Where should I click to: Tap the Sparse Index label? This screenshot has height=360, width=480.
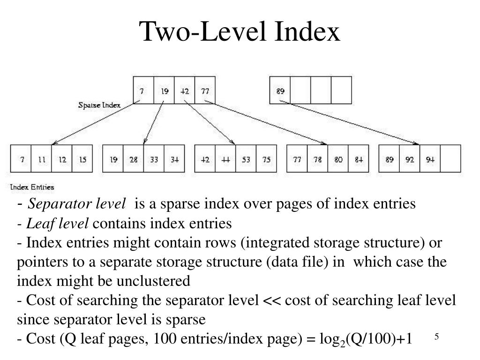pos(99,105)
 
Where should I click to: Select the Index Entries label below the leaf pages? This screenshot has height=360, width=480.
pos(32,187)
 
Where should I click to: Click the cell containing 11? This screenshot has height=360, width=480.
pos(41,159)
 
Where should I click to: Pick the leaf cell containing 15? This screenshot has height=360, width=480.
pos(82,159)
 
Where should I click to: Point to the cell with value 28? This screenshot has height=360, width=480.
pos(134,159)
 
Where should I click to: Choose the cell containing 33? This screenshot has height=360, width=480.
pos(154,159)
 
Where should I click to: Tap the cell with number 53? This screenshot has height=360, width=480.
pos(246,159)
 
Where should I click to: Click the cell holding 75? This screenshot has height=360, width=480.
pos(266,159)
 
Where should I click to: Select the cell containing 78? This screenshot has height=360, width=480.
pos(317,159)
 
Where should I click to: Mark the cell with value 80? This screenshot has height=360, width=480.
pos(338,159)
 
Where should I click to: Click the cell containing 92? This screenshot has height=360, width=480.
pos(410,159)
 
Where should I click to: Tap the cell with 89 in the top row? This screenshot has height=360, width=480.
pos(280,91)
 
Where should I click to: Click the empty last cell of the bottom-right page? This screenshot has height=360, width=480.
pos(450,159)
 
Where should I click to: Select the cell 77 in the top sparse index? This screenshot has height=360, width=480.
pos(205,91)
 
